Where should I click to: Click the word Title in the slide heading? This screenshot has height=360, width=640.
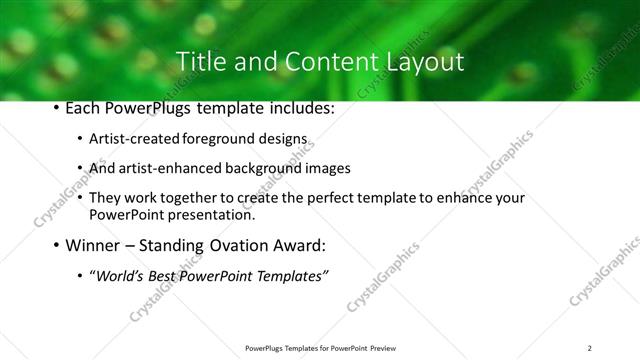point(200,61)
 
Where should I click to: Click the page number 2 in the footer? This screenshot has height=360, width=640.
point(590,348)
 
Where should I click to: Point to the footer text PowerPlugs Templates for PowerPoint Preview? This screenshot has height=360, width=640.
point(319,348)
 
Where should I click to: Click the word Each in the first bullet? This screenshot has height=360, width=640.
point(84,107)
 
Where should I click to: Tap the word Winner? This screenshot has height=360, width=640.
point(92,245)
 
